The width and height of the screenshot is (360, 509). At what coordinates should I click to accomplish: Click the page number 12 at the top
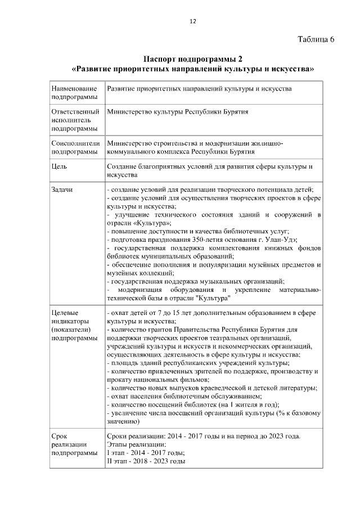pos(192,21)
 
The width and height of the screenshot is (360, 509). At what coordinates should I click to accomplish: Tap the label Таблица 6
pos(315,39)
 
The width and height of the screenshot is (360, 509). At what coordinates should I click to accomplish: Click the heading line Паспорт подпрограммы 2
pos(193,59)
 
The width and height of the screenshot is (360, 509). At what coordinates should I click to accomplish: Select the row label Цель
pos(59,167)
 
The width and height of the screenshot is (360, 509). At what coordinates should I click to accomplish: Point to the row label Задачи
pos(62,190)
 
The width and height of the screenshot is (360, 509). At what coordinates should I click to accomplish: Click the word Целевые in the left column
pos(64,312)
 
